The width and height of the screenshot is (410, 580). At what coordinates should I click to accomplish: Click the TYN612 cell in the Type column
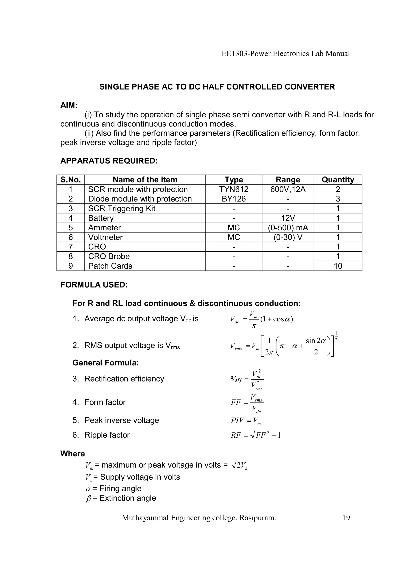tap(234, 189)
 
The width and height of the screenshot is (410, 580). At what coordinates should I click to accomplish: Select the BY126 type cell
tap(234, 199)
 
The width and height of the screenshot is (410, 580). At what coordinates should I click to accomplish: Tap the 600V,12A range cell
tap(288, 189)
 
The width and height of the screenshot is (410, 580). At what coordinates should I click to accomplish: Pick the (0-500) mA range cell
tap(288, 228)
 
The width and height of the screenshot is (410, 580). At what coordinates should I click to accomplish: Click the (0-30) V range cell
tap(288, 237)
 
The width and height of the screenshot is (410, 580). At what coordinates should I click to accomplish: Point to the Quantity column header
tap(338, 180)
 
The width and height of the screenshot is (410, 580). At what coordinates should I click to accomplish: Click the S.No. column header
tap(70, 180)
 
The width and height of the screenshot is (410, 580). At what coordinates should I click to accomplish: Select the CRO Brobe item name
tap(109, 256)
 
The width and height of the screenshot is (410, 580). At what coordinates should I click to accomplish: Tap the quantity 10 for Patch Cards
tap(338, 266)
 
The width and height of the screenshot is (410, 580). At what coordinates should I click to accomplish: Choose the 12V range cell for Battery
tap(288, 218)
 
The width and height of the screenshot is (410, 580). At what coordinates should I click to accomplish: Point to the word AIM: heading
tap(69, 105)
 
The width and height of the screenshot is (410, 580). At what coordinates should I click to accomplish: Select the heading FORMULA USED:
tap(94, 285)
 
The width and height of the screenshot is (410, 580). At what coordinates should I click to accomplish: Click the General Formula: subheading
tap(106, 363)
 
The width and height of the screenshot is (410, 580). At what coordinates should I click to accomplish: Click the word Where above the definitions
tap(72, 454)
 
